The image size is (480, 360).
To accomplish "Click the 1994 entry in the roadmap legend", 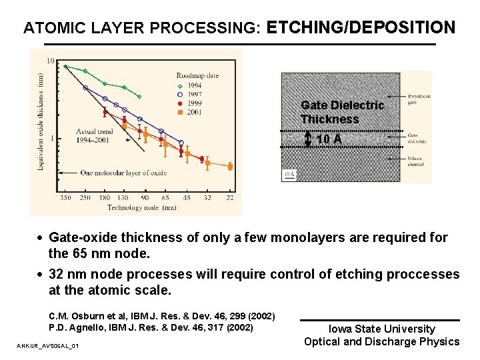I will coord(195,86).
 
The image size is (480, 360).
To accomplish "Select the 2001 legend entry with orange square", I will coord(195,112).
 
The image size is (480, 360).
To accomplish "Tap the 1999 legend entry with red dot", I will coord(195,103).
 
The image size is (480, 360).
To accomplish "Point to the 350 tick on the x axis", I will coord(65,197).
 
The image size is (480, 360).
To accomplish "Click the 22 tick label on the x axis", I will coord(230,197).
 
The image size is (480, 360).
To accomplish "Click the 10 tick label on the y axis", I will coord(51,61).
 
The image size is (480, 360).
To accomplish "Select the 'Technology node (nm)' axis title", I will coord(142,207).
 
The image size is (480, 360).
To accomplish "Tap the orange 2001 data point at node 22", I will coord(230,167).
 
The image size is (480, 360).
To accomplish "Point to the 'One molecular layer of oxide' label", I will coord(123,173).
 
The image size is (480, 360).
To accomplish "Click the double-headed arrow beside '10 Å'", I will coord(308,139).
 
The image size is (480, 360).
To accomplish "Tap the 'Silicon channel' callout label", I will coord(416,161).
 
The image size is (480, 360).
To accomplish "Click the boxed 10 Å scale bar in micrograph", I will coord(289,175).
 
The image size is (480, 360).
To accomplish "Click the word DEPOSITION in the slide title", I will coord(407,27).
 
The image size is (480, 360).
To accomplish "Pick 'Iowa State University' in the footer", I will coord(381,329).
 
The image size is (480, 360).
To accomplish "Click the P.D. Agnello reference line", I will coord(151,327).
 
